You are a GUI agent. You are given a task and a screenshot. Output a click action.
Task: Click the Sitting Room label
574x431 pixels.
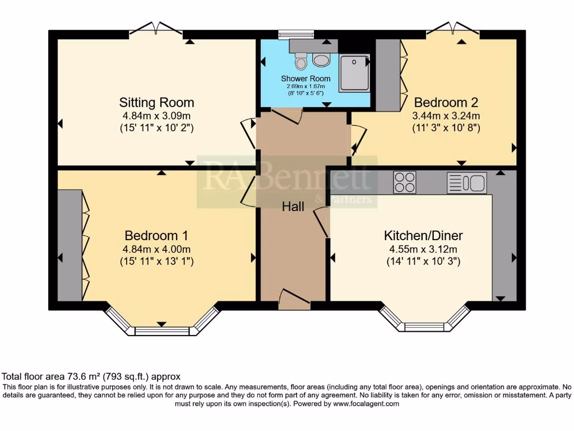(156, 103)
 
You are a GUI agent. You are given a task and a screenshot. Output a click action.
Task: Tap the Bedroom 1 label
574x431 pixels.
(156, 236)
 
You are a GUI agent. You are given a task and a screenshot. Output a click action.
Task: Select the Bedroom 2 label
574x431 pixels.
(446, 103)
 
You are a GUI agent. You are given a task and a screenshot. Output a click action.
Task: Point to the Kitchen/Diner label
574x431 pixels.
(423, 236)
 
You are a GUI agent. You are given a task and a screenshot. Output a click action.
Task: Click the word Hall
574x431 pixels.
(293, 207)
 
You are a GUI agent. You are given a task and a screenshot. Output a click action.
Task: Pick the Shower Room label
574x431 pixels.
(305, 79)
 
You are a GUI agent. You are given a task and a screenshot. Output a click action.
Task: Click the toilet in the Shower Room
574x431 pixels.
(301, 59)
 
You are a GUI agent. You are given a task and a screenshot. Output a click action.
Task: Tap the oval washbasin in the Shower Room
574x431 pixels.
(322, 59)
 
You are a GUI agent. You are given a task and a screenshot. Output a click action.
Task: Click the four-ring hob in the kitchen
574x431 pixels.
(405, 182)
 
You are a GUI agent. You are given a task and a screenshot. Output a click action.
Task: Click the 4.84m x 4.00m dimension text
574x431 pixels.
(156, 249)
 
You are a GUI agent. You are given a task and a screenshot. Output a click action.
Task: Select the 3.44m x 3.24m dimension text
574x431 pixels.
(446, 116)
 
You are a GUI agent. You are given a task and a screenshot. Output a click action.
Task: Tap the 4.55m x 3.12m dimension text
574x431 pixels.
(423, 249)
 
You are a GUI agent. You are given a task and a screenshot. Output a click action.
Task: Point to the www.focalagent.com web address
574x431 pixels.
(365, 404)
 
